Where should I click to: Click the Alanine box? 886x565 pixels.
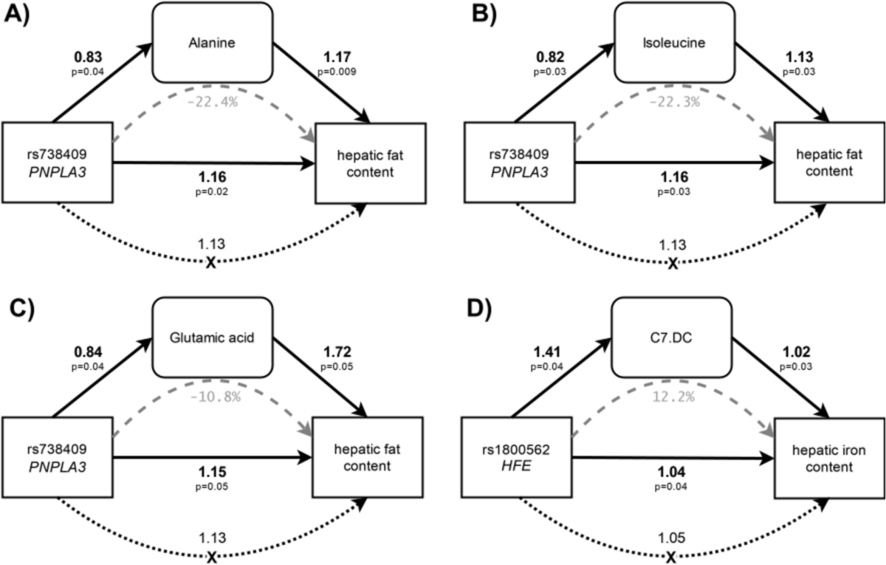pyautogui.click(x=212, y=42)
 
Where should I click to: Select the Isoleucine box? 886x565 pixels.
pyautogui.click(x=670, y=42)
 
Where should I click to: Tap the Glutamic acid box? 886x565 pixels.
pyautogui.click(x=212, y=338)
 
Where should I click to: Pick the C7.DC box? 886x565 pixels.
pyautogui.click(x=670, y=338)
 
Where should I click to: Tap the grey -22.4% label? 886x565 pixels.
pyautogui.click(x=212, y=102)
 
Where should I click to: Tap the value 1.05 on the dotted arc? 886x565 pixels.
pyautogui.click(x=670, y=538)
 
